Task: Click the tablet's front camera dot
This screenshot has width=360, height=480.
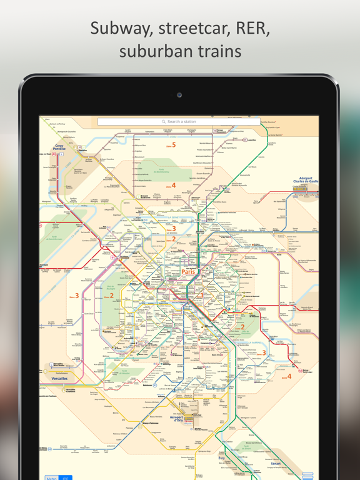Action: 179,95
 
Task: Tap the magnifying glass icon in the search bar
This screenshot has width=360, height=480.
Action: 164,121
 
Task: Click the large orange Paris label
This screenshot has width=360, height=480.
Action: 188,272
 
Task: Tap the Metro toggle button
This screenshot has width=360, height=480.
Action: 51,478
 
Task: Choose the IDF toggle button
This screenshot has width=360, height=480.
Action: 65,478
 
